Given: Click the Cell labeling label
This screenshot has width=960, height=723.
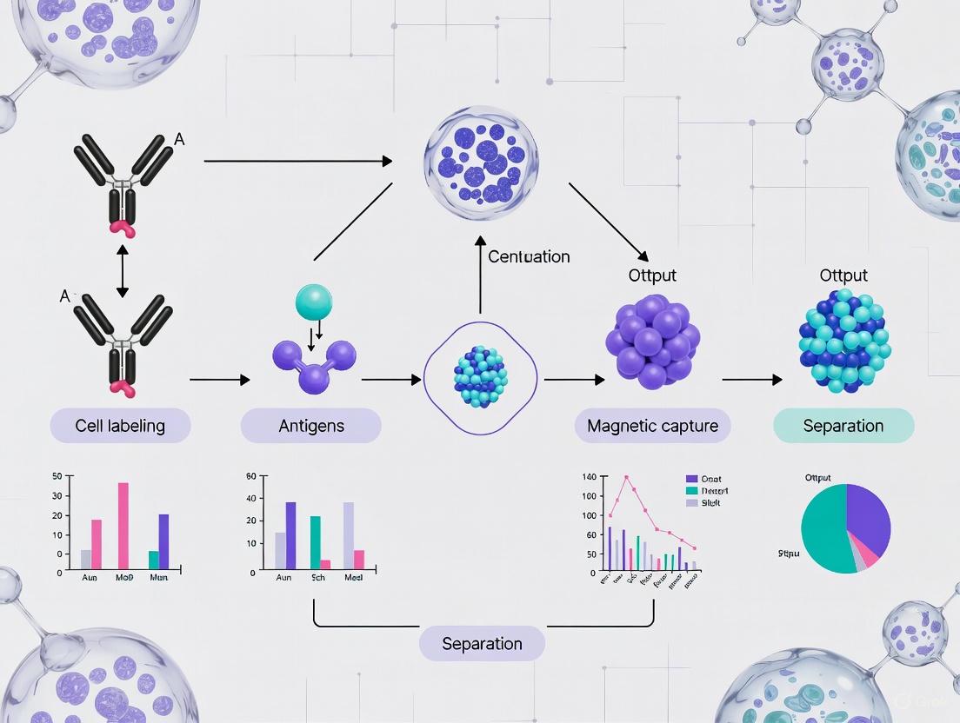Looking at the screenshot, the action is [x=120, y=426].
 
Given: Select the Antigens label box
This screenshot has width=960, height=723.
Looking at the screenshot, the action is [x=310, y=426].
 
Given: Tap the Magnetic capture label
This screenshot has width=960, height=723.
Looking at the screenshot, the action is [x=652, y=426].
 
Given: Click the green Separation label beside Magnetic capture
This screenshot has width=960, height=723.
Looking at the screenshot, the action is [x=843, y=426].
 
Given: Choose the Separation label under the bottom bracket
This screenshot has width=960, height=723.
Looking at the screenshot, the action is [x=482, y=644].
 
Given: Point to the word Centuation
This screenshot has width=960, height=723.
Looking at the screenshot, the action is [x=529, y=256].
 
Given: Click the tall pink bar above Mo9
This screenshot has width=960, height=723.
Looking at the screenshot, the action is [x=123, y=527].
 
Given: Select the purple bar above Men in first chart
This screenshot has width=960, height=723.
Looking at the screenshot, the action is [x=163, y=541].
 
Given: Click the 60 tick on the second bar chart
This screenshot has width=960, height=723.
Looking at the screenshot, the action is [x=252, y=476].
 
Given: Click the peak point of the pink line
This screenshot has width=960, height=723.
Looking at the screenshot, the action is [x=625, y=476].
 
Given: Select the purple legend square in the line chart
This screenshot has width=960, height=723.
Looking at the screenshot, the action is [x=692, y=479].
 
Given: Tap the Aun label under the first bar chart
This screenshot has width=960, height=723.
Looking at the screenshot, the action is [x=90, y=577].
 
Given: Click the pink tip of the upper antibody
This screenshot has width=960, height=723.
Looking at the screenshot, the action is [x=123, y=229].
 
